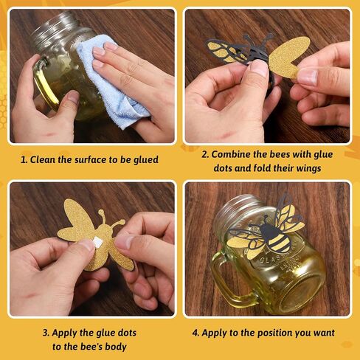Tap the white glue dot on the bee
point(96,243)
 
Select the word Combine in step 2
point(231,154)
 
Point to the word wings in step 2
point(308,168)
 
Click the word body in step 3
point(116,347)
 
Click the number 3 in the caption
point(46,333)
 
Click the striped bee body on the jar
point(277,238)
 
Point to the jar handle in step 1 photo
point(46,83)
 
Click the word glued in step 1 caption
point(146,160)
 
